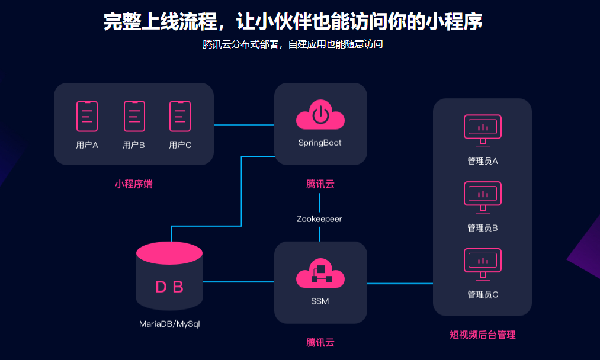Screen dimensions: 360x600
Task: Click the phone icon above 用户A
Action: pyautogui.click(x=87, y=116)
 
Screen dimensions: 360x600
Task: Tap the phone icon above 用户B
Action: pyautogui.click(x=134, y=116)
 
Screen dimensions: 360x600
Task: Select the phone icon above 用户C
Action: pyautogui.click(x=180, y=116)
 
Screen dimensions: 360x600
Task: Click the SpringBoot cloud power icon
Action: pyautogui.click(x=320, y=115)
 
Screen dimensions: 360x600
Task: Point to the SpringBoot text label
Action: pyautogui.click(x=320, y=143)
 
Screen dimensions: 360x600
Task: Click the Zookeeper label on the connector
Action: pyautogui.click(x=319, y=219)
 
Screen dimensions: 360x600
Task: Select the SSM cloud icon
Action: pyautogui.click(x=320, y=274)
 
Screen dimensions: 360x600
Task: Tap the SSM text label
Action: pyautogui.click(x=320, y=301)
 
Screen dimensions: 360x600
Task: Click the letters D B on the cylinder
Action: pyautogui.click(x=169, y=288)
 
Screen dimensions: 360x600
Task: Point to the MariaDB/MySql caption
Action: pyautogui.click(x=169, y=324)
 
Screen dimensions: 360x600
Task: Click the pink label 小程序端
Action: pyautogui.click(x=134, y=184)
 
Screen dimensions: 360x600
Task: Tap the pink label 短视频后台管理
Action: pyautogui.click(x=482, y=335)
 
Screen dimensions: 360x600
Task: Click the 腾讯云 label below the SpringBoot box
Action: pyautogui.click(x=320, y=184)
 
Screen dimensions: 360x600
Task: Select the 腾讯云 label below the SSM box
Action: pyautogui.click(x=320, y=343)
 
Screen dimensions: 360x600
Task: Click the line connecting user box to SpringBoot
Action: pyautogui.click(x=243, y=125)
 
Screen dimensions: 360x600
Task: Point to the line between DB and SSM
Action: pyautogui.click(x=238, y=282)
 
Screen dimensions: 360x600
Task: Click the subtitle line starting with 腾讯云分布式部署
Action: pyautogui.click(x=293, y=44)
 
